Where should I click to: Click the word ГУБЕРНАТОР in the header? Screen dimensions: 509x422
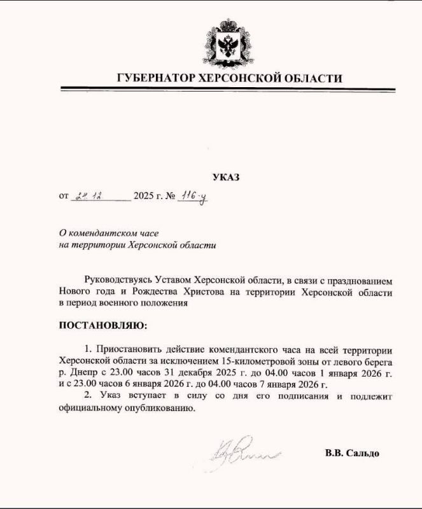pos(157,78)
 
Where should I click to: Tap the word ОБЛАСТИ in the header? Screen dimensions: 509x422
pos(314,78)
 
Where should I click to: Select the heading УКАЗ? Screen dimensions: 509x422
pos(226,178)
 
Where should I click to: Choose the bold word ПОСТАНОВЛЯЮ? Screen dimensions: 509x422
pos(102,326)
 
